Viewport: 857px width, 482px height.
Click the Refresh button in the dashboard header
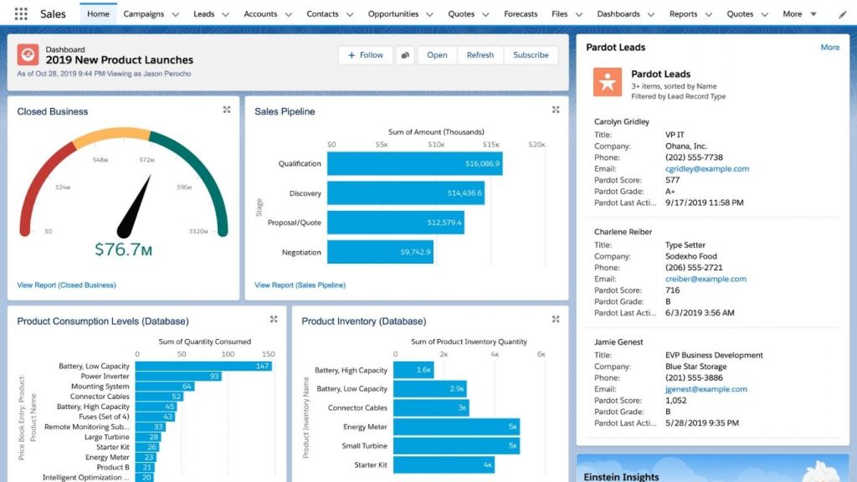click(x=480, y=55)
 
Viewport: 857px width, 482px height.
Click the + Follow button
click(x=365, y=55)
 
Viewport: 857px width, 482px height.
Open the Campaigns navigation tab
click(x=143, y=14)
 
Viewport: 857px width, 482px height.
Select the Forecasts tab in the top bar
click(x=521, y=14)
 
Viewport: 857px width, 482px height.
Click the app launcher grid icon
click(x=21, y=14)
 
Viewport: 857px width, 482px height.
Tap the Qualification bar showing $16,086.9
click(x=414, y=164)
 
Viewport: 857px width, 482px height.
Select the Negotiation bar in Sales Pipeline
click(x=380, y=252)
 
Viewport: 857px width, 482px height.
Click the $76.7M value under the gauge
click(x=123, y=249)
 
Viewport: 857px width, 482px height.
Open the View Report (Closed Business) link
click(x=66, y=285)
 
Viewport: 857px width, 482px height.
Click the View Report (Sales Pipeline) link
click(x=300, y=285)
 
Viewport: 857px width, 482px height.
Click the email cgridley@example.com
click(x=706, y=169)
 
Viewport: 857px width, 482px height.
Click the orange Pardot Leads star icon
click(x=608, y=81)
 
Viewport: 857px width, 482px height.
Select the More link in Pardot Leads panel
click(x=829, y=48)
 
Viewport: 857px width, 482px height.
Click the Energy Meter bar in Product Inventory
click(x=456, y=427)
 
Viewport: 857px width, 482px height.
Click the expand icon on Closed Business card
click(x=227, y=110)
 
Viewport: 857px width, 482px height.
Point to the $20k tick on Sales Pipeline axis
click(x=536, y=145)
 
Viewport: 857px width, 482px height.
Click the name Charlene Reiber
click(x=623, y=232)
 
